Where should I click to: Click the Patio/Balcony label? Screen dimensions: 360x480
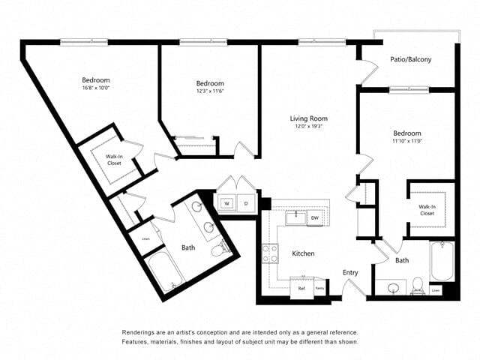coord(410,58)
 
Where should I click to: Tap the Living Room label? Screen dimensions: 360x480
coord(309,118)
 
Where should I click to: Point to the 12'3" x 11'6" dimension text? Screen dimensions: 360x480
coord(210,91)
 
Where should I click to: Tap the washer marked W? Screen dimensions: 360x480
coord(226,203)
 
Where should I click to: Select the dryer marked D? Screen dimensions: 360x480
coord(245,203)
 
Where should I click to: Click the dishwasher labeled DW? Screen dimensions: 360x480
coord(315,218)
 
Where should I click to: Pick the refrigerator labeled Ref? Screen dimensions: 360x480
coord(301,287)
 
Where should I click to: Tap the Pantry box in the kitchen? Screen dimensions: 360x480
coord(319,287)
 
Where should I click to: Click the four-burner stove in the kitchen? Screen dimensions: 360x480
coord(268,253)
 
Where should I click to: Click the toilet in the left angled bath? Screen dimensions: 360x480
coord(219,248)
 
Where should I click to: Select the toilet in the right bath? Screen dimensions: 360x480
coord(418,286)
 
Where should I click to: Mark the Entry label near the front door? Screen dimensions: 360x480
coord(350,272)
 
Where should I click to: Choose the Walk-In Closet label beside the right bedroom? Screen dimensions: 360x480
coord(427,209)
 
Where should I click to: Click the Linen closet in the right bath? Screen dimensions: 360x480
coord(435,289)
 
